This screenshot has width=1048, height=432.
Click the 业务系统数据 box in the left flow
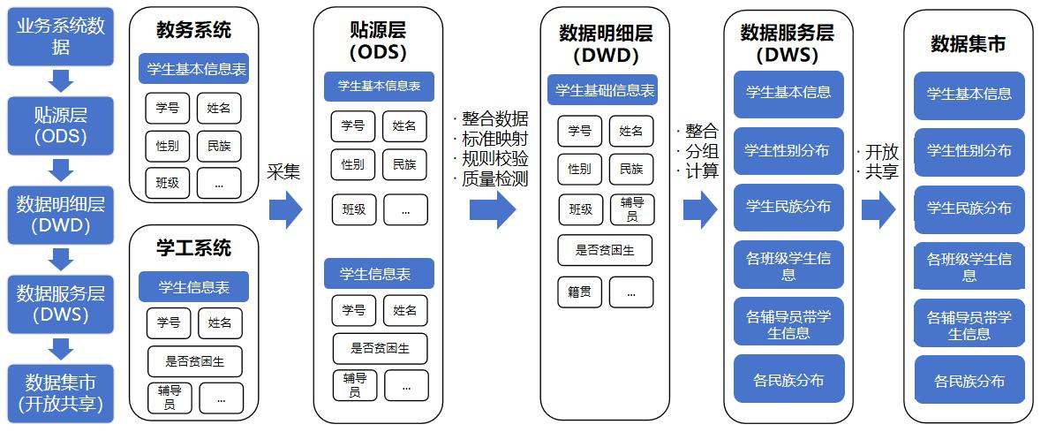[61, 36]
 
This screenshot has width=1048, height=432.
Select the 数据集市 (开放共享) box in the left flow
[61, 394]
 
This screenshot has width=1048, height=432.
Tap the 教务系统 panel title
[193, 30]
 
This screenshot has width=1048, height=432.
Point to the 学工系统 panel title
[193, 248]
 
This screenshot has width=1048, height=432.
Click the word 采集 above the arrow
[284, 171]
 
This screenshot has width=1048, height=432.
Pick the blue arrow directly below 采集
[285, 209]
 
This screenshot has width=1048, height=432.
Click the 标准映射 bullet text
[494, 139]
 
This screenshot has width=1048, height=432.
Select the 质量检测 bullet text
[494, 179]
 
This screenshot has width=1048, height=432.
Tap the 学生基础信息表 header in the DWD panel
[603, 90]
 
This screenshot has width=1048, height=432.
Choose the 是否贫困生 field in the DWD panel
[605, 250]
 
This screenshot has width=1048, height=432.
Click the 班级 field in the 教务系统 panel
[168, 183]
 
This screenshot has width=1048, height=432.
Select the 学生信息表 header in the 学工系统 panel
[193, 287]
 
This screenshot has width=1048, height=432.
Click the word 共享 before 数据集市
[880, 172]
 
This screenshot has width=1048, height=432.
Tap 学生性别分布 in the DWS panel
[788, 151]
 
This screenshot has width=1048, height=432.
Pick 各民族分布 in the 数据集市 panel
[969, 382]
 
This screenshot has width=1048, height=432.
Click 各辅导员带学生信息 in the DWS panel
[788, 324]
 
